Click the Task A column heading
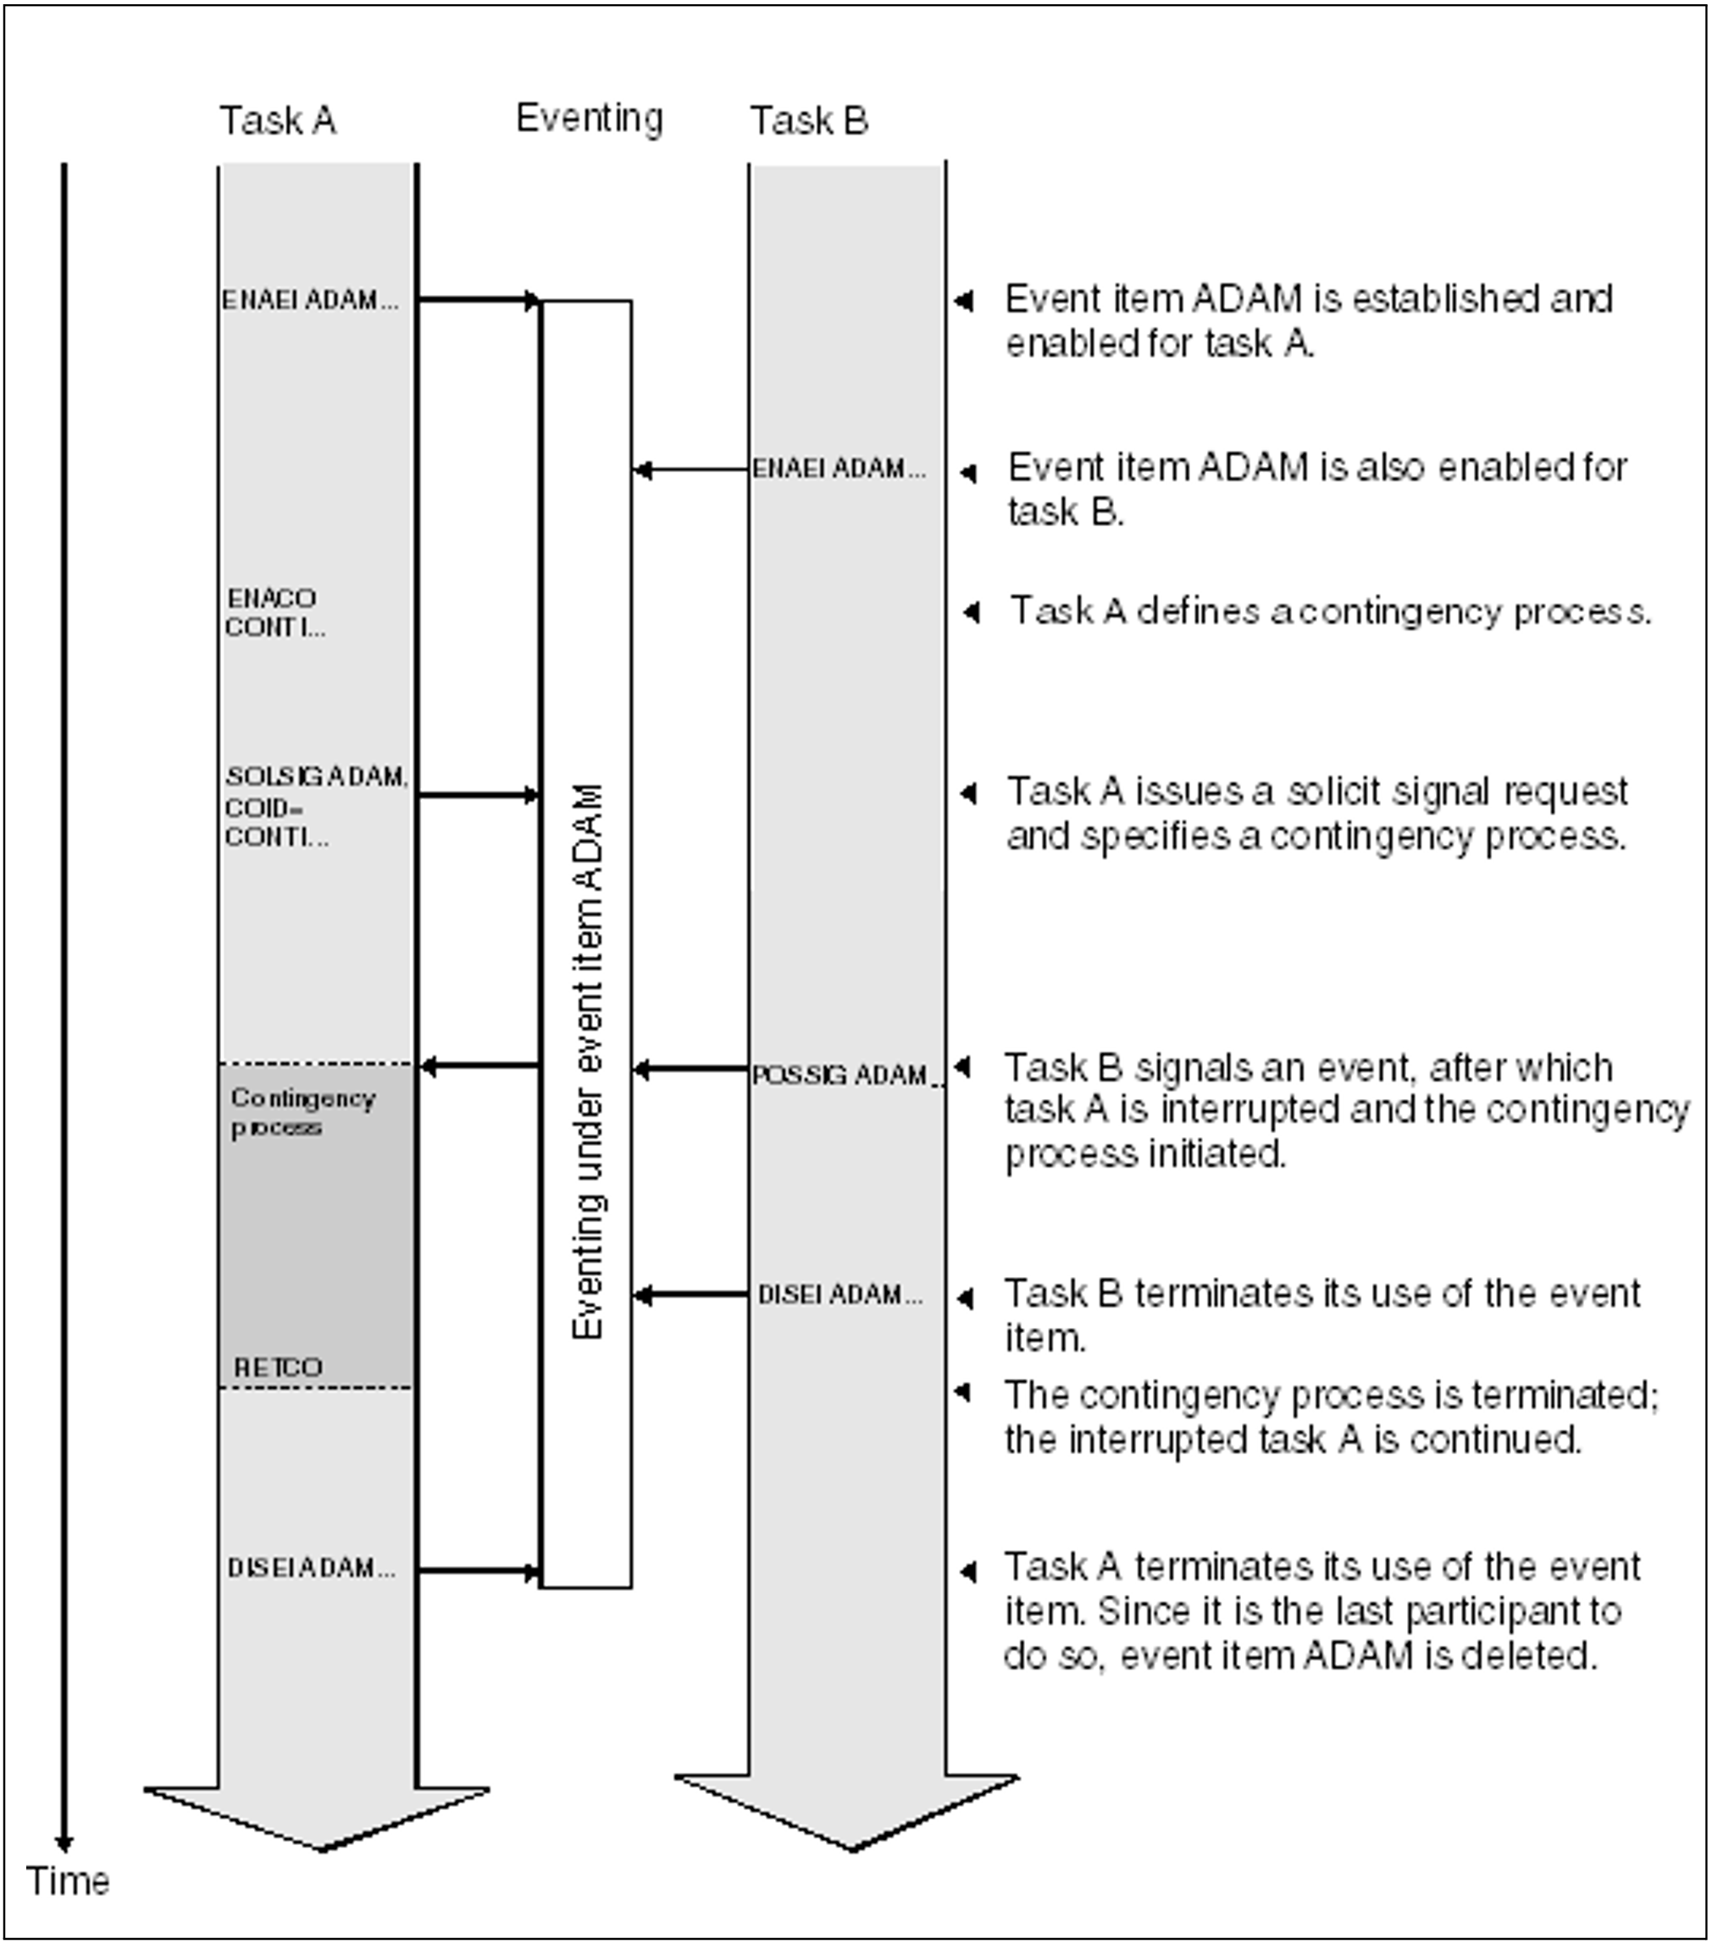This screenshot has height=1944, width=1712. click(x=278, y=121)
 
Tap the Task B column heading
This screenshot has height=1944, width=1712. click(x=809, y=121)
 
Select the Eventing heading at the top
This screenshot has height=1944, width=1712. click(x=590, y=118)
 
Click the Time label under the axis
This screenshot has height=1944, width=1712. click(x=68, y=1881)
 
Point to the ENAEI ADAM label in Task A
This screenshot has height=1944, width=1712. click(x=310, y=301)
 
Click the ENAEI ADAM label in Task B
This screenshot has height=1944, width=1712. click(x=839, y=469)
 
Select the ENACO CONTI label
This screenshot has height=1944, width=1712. click(x=274, y=613)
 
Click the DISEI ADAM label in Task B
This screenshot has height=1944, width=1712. click(x=840, y=1294)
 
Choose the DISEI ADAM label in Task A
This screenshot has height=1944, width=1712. click(x=311, y=1568)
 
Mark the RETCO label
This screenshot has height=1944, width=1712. click(x=278, y=1368)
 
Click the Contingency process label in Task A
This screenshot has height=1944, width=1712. click(x=302, y=1112)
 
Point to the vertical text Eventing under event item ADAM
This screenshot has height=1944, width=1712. click(x=587, y=1060)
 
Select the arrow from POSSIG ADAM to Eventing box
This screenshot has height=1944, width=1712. click(x=690, y=1071)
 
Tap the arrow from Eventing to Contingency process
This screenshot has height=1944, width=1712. click(x=480, y=1066)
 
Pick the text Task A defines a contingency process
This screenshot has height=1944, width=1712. click(x=1330, y=612)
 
